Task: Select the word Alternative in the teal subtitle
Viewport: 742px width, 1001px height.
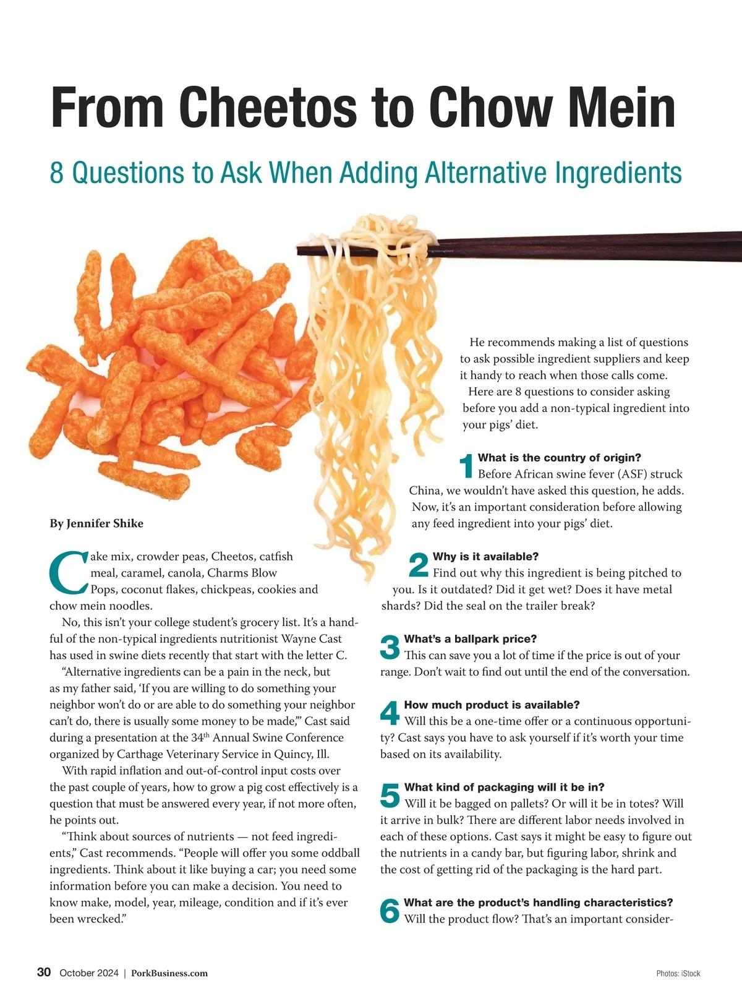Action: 486,173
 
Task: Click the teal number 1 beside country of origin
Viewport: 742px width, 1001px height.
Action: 466,466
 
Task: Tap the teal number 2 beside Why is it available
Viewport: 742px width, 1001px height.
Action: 418,565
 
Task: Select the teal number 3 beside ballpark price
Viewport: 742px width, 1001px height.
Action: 390,647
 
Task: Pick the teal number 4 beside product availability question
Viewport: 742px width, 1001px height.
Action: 390,713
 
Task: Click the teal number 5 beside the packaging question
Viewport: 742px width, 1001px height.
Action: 390,795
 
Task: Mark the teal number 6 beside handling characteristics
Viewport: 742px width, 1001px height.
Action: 390,910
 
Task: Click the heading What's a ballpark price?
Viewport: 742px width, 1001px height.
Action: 471,638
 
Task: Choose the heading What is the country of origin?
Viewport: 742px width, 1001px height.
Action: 560,458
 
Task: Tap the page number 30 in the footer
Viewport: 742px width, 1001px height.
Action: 44,972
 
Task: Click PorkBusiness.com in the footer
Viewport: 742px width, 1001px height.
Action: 169,973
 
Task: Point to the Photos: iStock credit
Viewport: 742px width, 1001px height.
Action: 678,974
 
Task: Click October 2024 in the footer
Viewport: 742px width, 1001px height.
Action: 89,973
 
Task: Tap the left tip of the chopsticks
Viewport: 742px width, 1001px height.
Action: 297,250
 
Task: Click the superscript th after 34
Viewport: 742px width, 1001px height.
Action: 207,735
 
